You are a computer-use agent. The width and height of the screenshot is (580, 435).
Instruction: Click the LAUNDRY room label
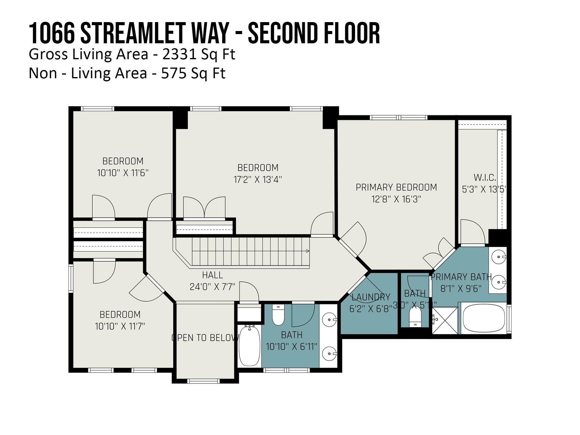pyautogui.click(x=371, y=297)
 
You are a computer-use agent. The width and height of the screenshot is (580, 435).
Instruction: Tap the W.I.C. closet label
pyautogui.click(x=485, y=177)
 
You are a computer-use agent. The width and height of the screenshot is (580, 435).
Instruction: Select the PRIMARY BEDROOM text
pyautogui.click(x=396, y=187)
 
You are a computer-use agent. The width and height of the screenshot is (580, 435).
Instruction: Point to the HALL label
pyautogui.click(x=212, y=275)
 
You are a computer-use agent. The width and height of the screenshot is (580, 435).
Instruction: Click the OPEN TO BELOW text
pyautogui.click(x=205, y=338)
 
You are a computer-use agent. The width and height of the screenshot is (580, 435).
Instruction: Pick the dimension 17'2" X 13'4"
pyautogui.click(x=257, y=180)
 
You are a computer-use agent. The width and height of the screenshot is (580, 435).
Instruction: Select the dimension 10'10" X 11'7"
pyautogui.click(x=120, y=326)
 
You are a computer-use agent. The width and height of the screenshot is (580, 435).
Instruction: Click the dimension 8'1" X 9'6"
pyautogui.click(x=460, y=289)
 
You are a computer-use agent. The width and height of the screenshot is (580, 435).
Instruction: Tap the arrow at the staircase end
pyautogui.click(x=307, y=251)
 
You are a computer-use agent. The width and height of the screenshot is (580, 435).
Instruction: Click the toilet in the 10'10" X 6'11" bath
pyautogui.click(x=278, y=315)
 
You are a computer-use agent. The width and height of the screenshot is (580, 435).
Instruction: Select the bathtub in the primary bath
pyautogui.click(x=483, y=318)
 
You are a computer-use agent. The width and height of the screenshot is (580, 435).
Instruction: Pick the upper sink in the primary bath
pyautogui.click(x=497, y=256)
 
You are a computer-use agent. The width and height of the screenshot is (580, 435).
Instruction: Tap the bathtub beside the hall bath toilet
pyautogui.click(x=249, y=346)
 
